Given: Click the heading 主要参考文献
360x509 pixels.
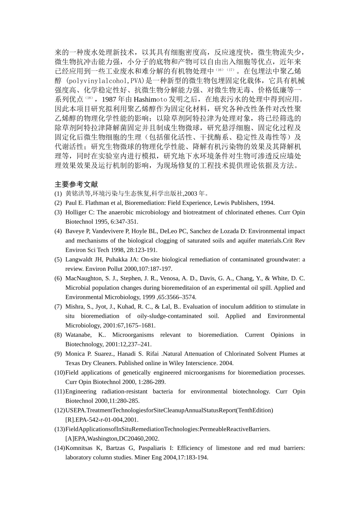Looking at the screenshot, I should pos(76,184).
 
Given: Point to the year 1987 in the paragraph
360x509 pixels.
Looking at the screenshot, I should pos(110,100).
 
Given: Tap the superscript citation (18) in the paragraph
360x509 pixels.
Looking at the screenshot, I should pos(89,98).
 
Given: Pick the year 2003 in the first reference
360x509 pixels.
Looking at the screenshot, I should pos(191,194).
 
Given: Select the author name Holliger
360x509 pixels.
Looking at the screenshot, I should pos(76,212).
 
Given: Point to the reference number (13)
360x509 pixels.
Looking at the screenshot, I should pos(59,429).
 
